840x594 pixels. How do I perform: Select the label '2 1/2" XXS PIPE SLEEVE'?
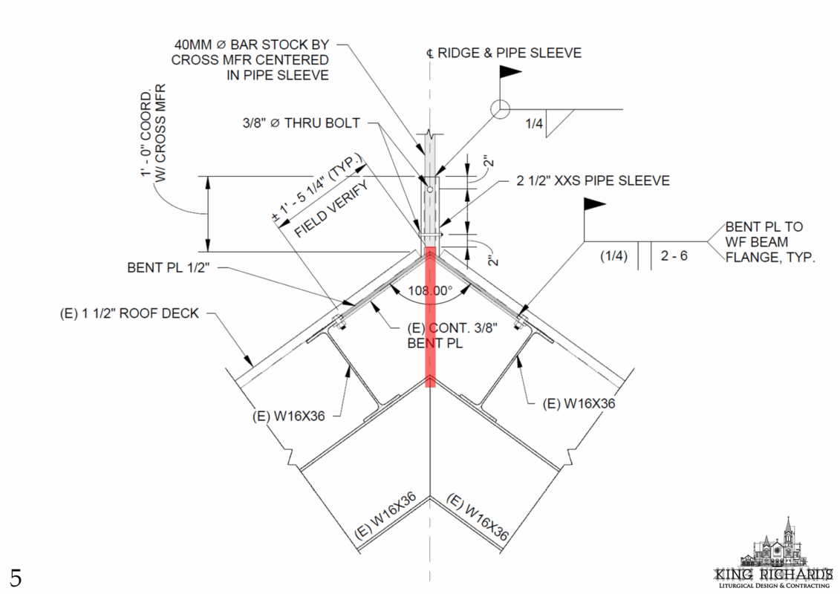click(593, 180)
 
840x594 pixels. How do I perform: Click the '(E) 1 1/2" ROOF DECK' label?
click(129, 313)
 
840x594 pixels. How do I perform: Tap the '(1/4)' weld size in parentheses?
click(614, 256)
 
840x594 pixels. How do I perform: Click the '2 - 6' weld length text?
click(676, 256)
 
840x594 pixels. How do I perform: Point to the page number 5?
click(16, 576)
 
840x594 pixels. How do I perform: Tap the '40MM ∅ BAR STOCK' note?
click(250, 59)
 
